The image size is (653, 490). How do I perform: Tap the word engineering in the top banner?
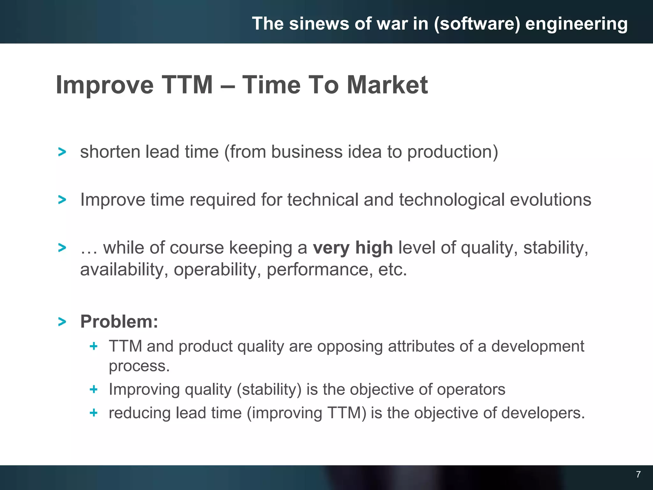(x=576, y=24)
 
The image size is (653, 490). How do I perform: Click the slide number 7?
(x=638, y=474)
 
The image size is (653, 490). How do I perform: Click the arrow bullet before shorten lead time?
(x=62, y=152)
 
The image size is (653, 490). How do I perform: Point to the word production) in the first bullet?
(x=452, y=152)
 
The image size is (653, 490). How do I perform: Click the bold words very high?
(x=353, y=248)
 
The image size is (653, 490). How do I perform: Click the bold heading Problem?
(x=119, y=321)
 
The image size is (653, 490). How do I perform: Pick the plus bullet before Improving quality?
(x=93, y=389)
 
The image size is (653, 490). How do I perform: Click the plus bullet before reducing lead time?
(x=93, y=413)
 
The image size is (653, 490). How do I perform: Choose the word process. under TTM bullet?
(x=139, y=366)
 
